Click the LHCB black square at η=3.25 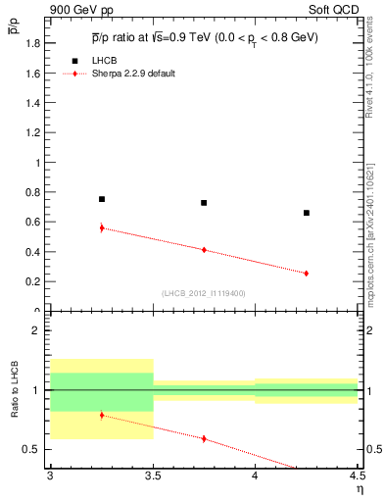(x=101, y=199)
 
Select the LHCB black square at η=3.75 (x=204, y=203)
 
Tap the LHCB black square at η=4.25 (x=307, y=213)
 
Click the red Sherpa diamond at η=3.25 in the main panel (x=101, y=227)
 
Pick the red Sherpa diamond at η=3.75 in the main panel (x=204, y=250)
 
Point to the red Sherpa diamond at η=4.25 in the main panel (x=307, y=274)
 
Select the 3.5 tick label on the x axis (x=152, y=479)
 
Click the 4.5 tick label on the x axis (x=357, y=479)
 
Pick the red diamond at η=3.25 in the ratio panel (x=101, y=415)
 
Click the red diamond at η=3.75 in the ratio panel (x=204, y=438)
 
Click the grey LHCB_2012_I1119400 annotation (x=204, y=293)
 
